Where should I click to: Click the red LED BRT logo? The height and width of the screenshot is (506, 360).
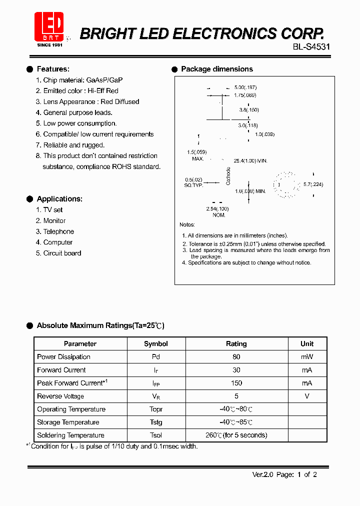pos(49,26)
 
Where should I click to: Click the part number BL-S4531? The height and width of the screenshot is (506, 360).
pos(311,47)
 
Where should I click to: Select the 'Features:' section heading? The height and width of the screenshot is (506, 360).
pos(53,69)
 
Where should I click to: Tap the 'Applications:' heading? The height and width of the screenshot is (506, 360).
pos(59,199)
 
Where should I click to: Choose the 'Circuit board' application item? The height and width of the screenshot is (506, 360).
pos(62,253)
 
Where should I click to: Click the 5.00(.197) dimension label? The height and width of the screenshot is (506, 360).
pos(245,87)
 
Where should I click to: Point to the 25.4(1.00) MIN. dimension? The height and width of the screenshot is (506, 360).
pos(250,161)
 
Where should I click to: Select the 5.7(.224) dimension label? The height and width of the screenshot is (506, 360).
pos(313,184)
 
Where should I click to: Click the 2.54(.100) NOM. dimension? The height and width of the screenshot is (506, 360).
pos(217,211)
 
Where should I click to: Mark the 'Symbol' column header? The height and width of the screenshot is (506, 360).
pos(156,344)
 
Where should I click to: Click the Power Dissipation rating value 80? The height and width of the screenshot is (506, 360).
pos(236,357)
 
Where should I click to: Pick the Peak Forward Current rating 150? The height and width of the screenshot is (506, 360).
pos(236,383)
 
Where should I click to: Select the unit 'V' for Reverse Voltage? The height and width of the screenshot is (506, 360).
pos(307,396)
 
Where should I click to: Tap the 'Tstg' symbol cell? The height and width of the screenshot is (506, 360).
pos(156,422)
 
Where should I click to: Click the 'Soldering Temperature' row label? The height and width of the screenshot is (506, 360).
pos(70,435)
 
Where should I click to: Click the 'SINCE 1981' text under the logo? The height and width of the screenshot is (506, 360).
pos(49,45)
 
